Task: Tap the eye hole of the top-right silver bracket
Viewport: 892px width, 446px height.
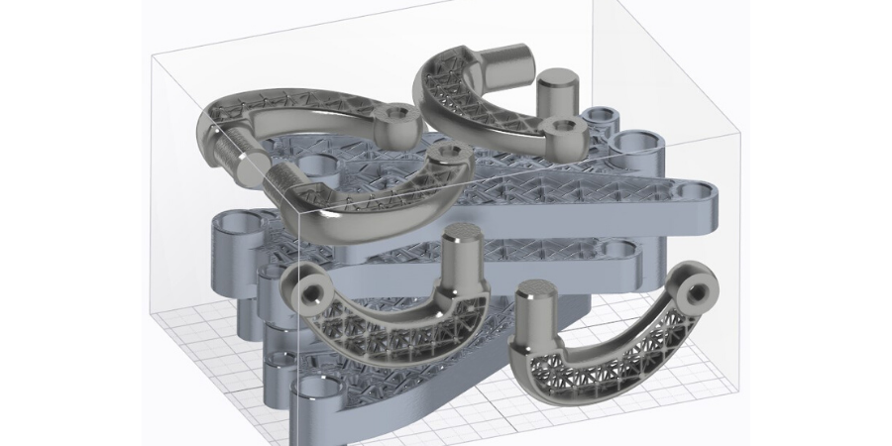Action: click(x=566, y=127)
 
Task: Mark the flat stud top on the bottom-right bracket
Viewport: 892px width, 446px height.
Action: click(x=536, y=290)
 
